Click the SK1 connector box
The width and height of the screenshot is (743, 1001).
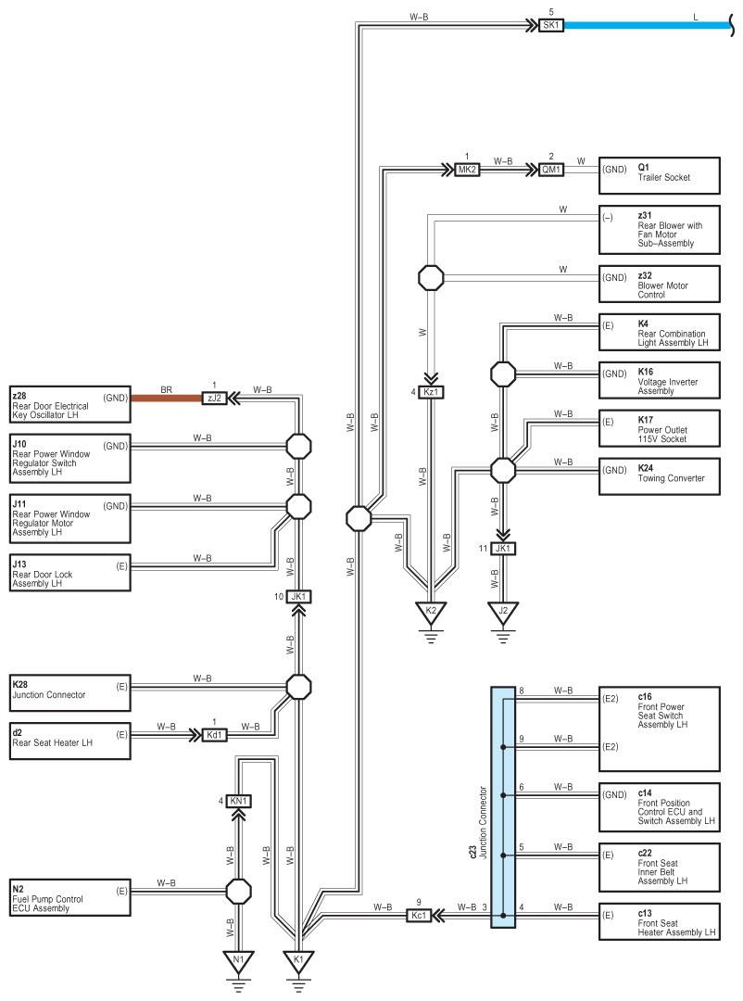pyautogui.click(x=550, y=26)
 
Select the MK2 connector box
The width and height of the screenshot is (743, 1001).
pyautogui.click(x=467, y=170)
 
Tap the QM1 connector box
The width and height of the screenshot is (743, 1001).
pyautogui.click(x=550, y=170)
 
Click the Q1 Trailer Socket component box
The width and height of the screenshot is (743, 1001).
pyautogui.click(x=660, y=175)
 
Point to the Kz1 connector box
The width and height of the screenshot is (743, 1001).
pyautogui.click(x=431, y=392)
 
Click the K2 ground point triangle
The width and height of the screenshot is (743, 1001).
pyautogui.click(x=431, y=613)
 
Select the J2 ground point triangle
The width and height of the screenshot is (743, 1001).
pyautogui.click(x=503, y=613)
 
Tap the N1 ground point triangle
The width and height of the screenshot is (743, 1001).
pyautogui.click(x=238, y=961)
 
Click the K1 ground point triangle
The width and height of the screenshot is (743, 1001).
pyautogui.click(x=298, y=961)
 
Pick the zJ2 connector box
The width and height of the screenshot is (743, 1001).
pyautogui.click(x=215, y=398)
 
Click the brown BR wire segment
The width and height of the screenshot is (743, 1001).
pyautogui.click(x=167, y=398)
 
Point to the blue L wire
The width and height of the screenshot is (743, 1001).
pyautogui.click(x=647, y=26)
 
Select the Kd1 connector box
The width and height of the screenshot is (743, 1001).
pyautogui.click(x=215, y=735)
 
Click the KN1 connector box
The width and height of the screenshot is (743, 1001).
pyautogui.click(x=238, y=801)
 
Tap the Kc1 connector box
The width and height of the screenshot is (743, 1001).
pyautogui.click(x=419, y=916)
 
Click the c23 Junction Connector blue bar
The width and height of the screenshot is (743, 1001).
pyautogui.click(x=503, y=807)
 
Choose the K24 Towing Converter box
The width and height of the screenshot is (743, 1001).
pyautogui.click(x=660, y=476)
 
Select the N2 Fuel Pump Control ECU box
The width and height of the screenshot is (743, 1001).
pyautogui.click(x=70, y=897)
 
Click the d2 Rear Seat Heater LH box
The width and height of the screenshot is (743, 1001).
pyautogui.click(x=70, y=741)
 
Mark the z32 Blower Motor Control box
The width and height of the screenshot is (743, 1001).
pyautogui.click(x=660, y=285)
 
